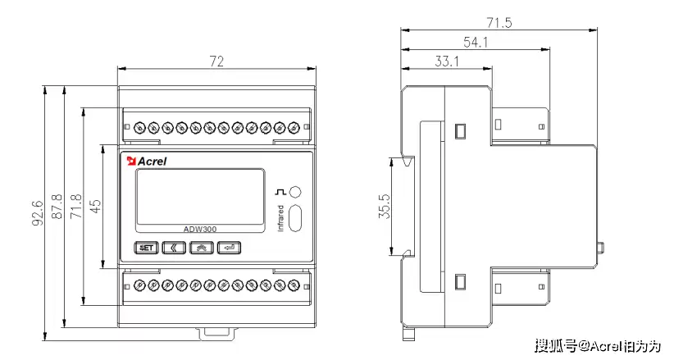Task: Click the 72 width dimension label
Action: click(216, 62)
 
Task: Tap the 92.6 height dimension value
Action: click(37, 212)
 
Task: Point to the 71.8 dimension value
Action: click(76, 207)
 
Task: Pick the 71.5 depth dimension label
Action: click(498, 22)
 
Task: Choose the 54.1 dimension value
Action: click(476, 42)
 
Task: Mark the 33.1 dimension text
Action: click(446, 61)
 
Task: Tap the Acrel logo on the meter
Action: click(147, 161)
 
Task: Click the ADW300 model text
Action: click(200, 230)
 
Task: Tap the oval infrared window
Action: click(297, 219)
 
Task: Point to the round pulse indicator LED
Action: click(297, 192)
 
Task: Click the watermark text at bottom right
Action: click(598, 346)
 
